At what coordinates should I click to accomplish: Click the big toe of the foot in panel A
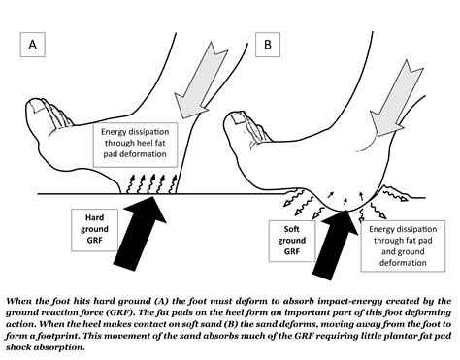point(38,115)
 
